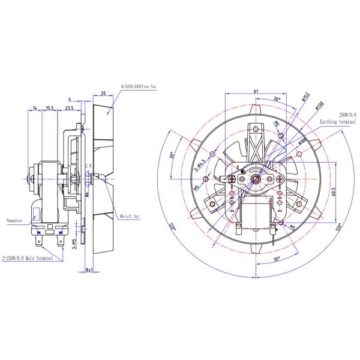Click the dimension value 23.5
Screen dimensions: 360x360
click(70, 109)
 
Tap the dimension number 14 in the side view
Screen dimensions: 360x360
click(35, 109)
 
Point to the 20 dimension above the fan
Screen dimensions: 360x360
click(103, 93)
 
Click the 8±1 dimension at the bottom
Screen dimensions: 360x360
click(89, 271)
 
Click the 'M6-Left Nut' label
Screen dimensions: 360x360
click(130, 215)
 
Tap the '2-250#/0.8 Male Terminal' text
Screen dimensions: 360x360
click(27, 258)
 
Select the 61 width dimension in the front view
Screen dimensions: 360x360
click(256, 91)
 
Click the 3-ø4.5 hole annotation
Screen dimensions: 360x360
click(200, 166)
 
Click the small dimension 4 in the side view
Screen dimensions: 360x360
click(70, 98)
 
